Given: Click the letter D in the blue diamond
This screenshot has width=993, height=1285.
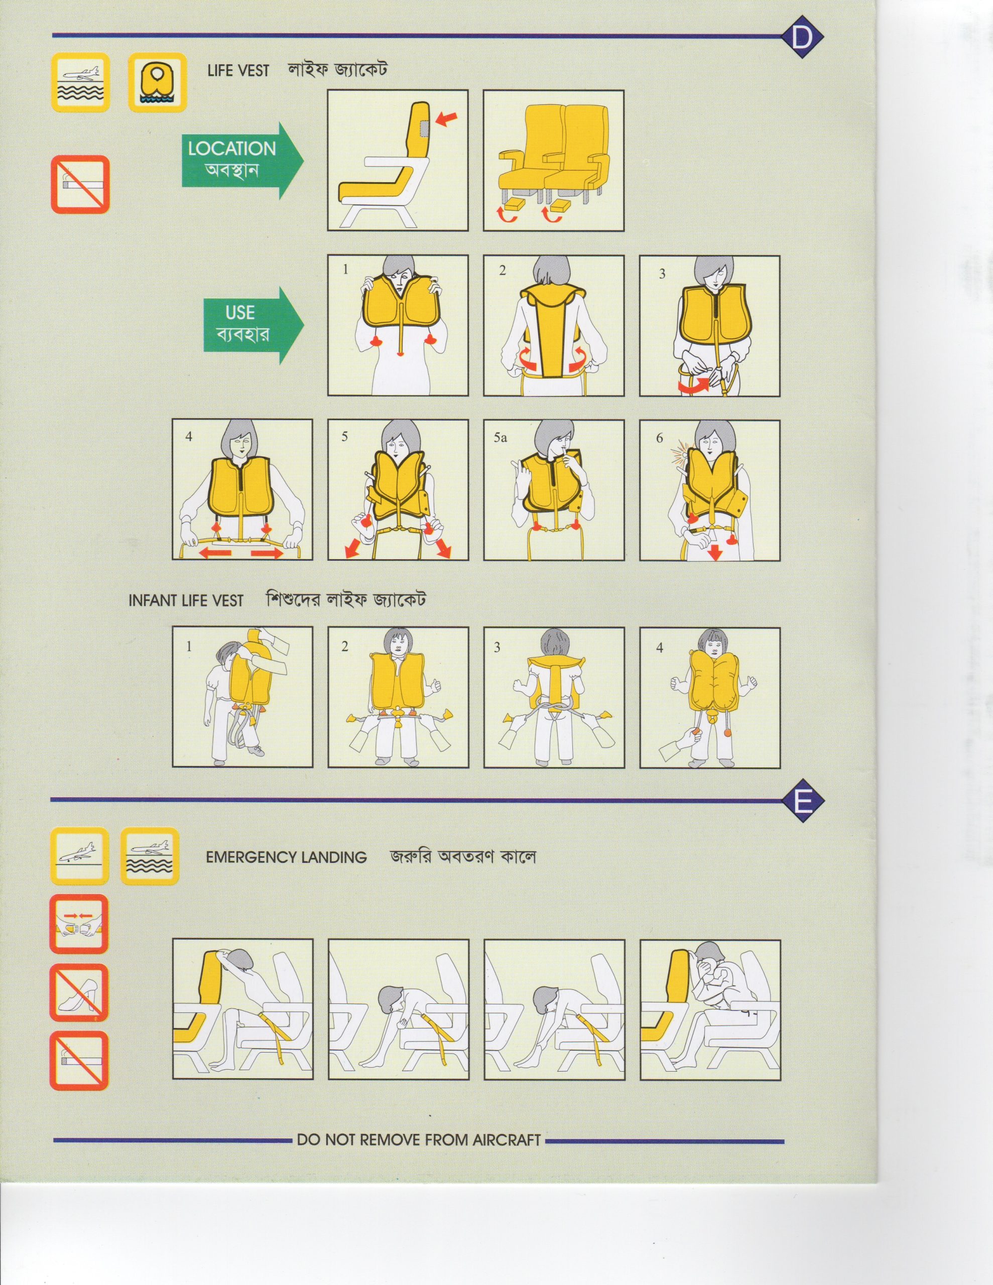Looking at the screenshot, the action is [x=801, y=37].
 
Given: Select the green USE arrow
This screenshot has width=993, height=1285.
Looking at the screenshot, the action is [x=254, y=325].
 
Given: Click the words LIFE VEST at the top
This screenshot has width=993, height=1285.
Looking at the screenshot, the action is [x=238, y=71].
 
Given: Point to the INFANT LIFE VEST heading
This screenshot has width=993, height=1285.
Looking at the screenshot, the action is [x=186, y=601].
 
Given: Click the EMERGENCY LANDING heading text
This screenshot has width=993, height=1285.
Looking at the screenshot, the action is [x=286, y=857].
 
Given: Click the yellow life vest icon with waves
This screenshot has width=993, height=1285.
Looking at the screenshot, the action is [x=157, y=82].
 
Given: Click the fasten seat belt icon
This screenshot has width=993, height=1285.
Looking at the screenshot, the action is [x=79, y=924].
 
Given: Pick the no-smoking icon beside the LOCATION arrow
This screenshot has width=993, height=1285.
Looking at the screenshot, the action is [x=80, y=184].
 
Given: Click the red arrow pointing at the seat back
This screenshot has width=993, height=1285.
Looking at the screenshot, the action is [x=446, y=120].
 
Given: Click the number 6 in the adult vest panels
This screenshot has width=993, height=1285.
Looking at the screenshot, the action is [x=659, y=438].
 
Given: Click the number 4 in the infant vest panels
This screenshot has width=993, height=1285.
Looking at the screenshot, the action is [x=659, y=647].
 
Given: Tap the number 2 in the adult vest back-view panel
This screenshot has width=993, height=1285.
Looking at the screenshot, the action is [x=502, y=271].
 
